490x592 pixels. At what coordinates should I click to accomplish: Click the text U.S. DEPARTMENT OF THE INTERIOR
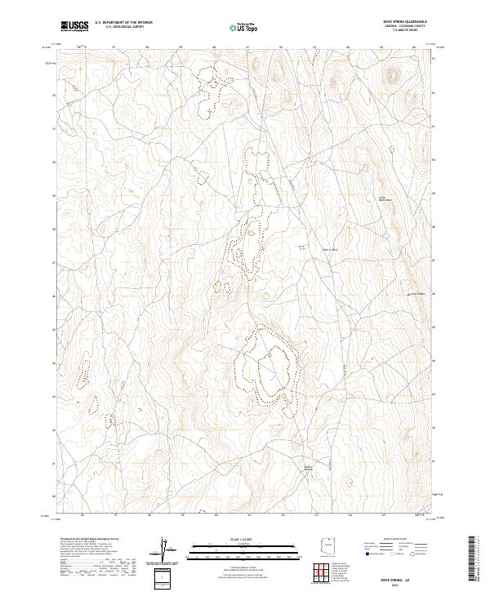[123, 23]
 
